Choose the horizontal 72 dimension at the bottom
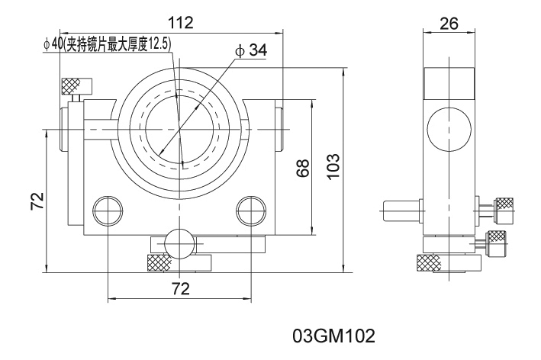click(180, 288)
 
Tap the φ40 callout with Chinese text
click(106, 43)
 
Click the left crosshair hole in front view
click(108, 209)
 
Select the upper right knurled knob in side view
click(504, 207)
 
